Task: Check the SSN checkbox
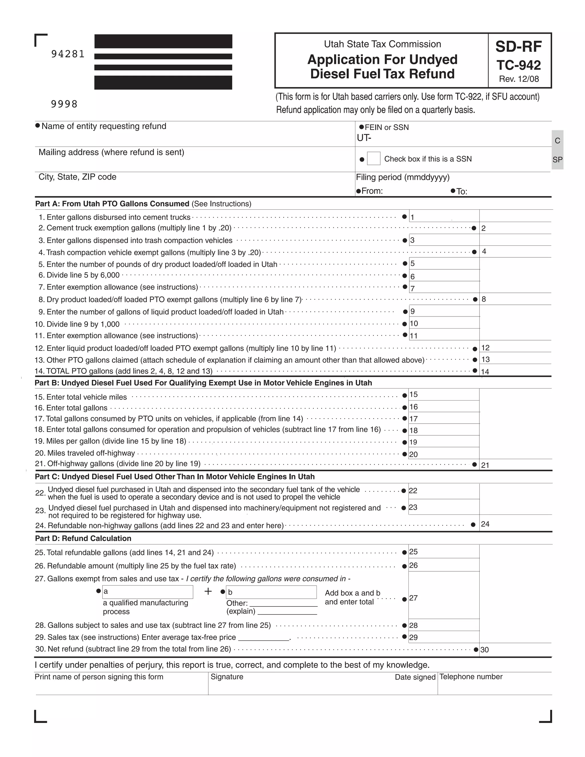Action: pos(374,159)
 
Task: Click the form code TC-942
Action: pos(518,65)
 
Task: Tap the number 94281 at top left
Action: pos(68,54)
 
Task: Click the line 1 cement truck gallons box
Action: pos(444,216)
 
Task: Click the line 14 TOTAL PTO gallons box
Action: pos(516,371)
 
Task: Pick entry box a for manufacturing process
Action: pos(148,592)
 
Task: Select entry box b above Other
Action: pos(271,592)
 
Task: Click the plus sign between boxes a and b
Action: pos(208,591)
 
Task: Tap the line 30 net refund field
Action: pos(516,649)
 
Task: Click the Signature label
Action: pos(227,676)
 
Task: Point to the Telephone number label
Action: pos(471,676)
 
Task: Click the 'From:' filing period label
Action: pos(372,191)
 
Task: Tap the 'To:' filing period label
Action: pos(462,191)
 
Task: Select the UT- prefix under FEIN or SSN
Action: pos(364,138)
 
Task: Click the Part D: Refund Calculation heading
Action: pos(83,538)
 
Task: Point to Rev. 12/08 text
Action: pos(519,79)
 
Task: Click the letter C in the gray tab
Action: pos(557,141)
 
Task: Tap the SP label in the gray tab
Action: pos(557,160)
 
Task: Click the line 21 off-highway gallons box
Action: pos(516,464)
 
